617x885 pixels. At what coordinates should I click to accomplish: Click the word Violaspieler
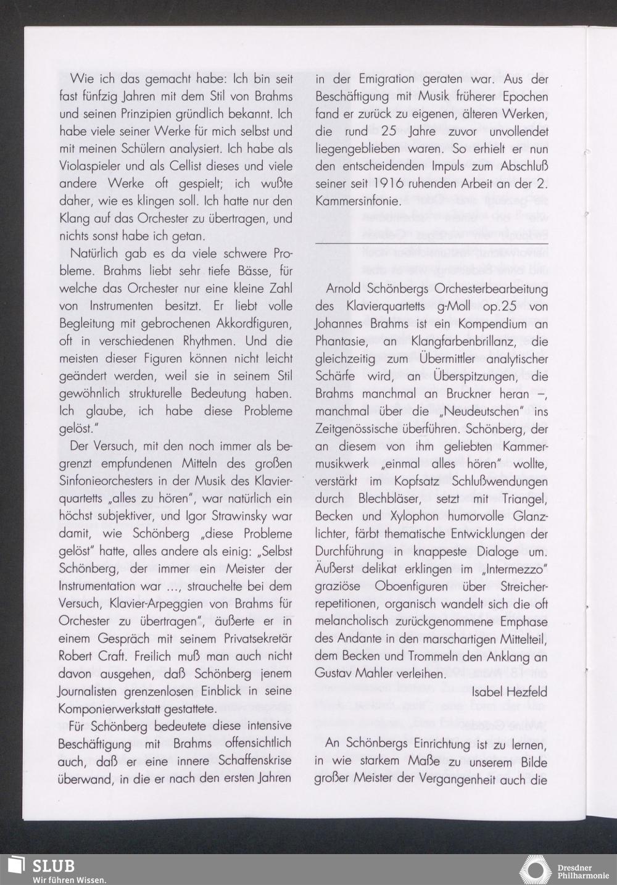(89, 167)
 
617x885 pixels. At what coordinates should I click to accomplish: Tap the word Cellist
(174, 167)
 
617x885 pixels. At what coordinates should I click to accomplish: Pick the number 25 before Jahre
(378, 131)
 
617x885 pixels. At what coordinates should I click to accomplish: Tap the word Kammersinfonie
(358, 201)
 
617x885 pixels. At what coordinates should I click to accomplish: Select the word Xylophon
(402, 515)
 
